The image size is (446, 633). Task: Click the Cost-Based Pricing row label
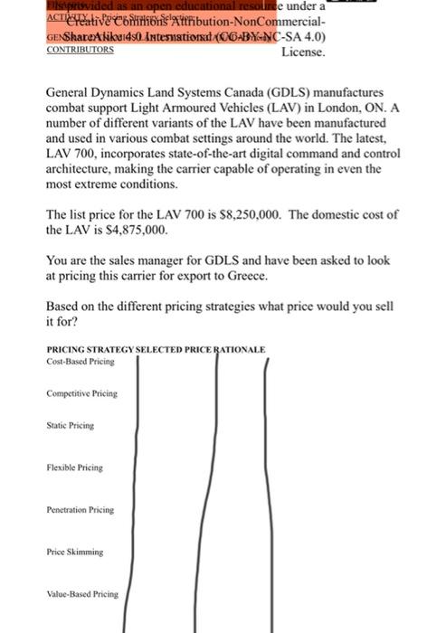click(x=81, y=362)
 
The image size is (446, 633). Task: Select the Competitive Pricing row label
click(x=82, y=393)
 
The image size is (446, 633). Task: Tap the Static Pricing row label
click(x=71, y=424)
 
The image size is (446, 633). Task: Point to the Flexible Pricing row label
click(x=75, y=468)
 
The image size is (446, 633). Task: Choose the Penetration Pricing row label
click(x=81, y=510)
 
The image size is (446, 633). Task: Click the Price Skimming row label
click(x=75, y=552)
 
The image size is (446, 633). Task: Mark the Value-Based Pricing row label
click(x=82, y=594)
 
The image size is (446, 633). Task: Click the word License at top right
click(x=303, y=52)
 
